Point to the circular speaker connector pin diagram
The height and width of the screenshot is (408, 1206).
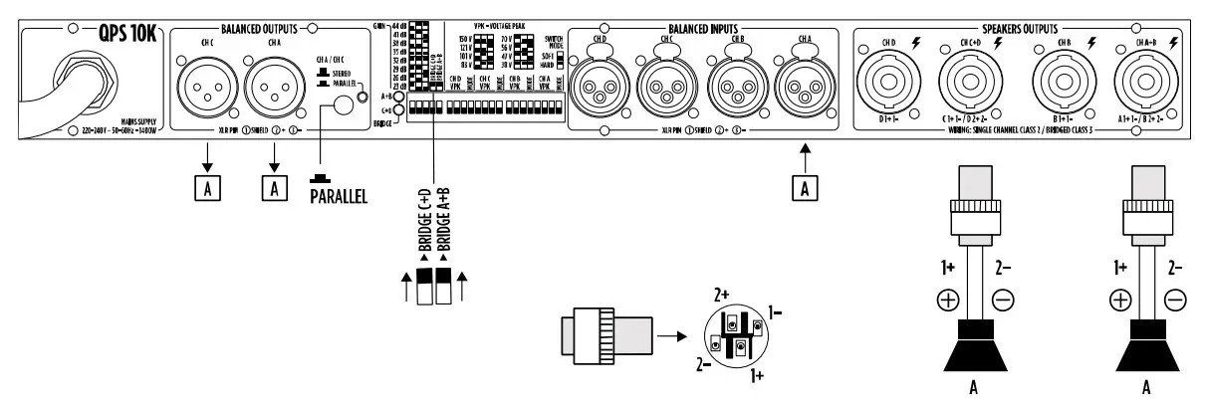point(736,338)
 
